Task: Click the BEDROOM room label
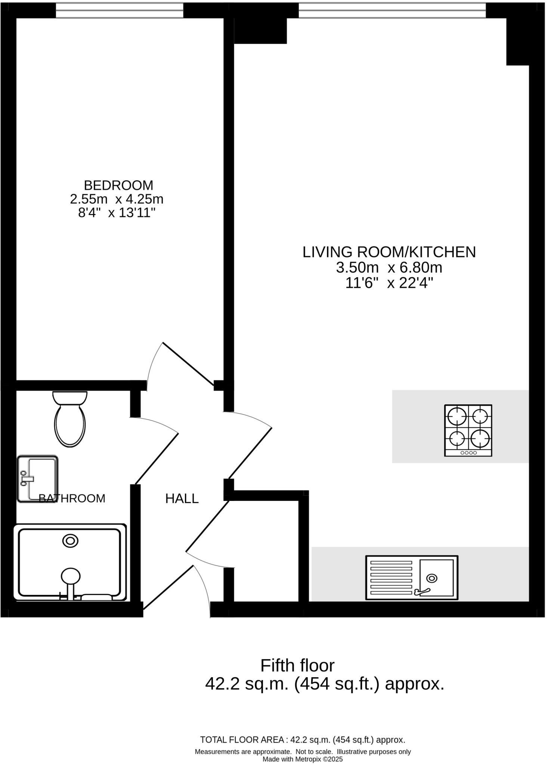(118, 185)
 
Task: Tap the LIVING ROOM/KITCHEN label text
(389, 252)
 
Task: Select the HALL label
(182, 498)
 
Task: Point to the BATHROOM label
(72, 498)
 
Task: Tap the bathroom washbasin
(37, 479)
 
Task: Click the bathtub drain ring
(70, 541)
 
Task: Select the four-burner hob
(468, 430)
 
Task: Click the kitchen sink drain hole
(432, 578)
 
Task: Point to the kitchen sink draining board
(391, 577)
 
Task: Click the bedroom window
(120, 10)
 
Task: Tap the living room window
(392, 10)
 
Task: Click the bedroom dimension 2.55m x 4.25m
(117, 199)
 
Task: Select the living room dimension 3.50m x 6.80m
(389, 268)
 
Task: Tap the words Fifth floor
(297, 665)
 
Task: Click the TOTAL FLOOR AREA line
(303, 740)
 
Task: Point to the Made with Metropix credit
(303, 759)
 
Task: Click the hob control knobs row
(469, 453)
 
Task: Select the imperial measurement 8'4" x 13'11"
(117, 213)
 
